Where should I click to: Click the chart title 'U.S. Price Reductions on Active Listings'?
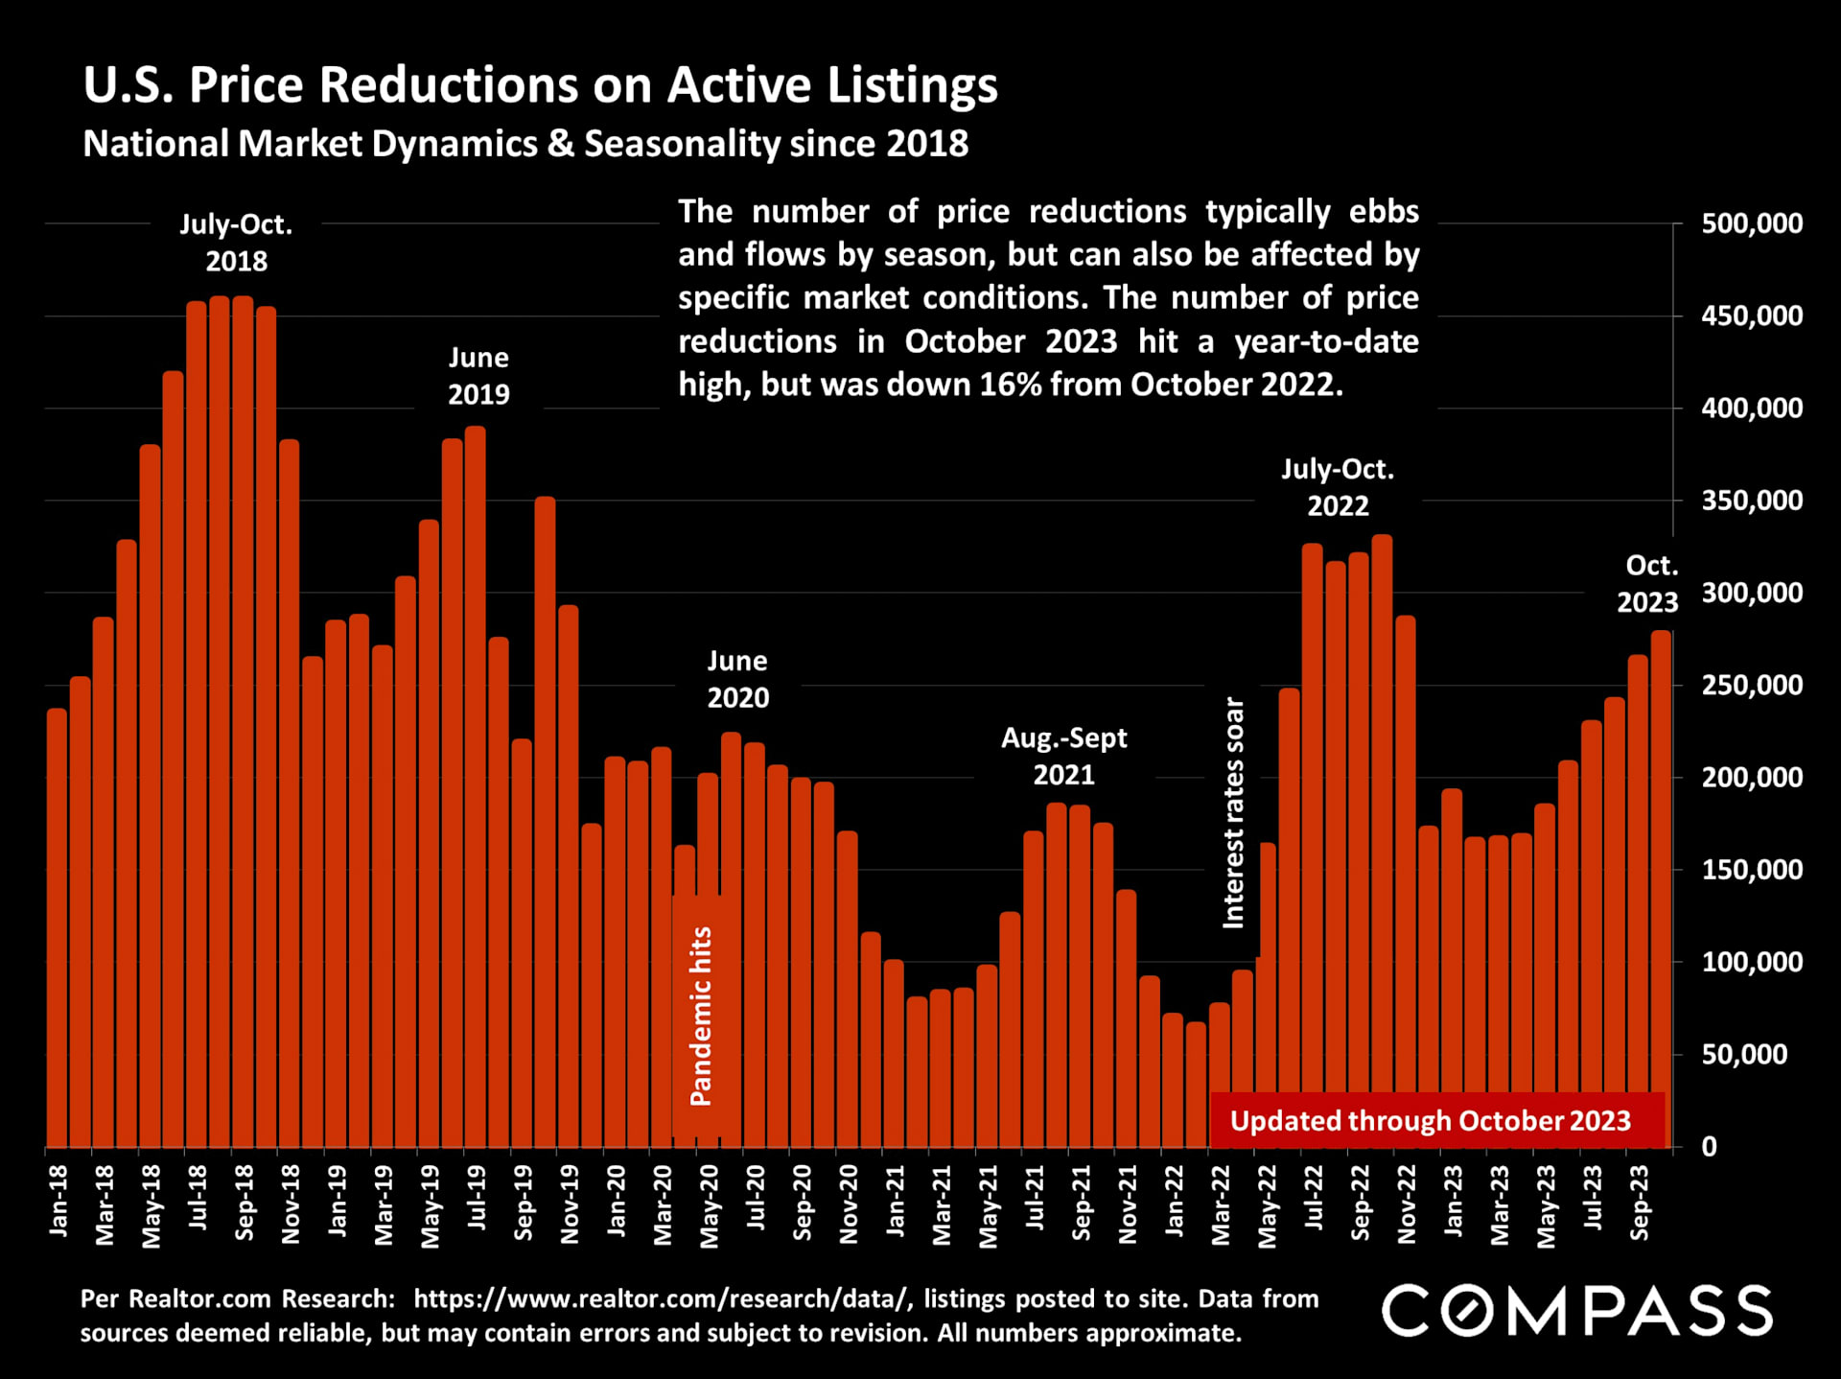pyautogui.click(x=540, y=84)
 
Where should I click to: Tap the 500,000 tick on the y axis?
pyautogui.click(x=1751, y=223)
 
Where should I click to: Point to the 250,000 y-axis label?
pyautogui.click(x=1751, y=685)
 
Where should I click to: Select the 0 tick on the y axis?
pyautogui.click(x=1709, y=1147)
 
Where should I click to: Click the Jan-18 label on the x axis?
pyautogui.click(x=58, y=1200)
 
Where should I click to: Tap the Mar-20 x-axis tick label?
pyautogui.click(x=663, y=1204)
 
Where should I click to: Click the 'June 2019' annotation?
pyautogui.click(x=478, y=376)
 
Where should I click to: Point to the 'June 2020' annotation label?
pyautogui.click(x=737, y=679)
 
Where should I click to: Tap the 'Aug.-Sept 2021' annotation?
pyautogui.click(x=1064, y=756)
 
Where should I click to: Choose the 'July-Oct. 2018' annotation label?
pyautogui.click(x=236, y=243)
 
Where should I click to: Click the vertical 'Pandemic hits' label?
pyautogui.click(x=701, y=1016)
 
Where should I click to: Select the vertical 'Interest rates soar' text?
pyautogui.click(x=1233, y=812)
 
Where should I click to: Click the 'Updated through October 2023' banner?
pyautogui.click(x=1430, y=1120)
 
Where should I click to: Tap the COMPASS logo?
pyautogui.click(x=1576, y=1310)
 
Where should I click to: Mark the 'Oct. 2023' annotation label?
pyautogui.click(x=1648, y=584)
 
